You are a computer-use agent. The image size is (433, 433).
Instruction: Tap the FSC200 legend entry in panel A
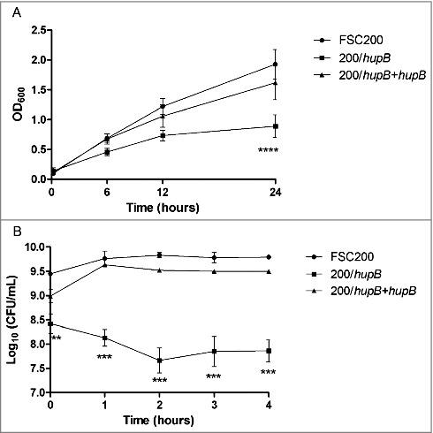pyautogui.click(x=359, y=41)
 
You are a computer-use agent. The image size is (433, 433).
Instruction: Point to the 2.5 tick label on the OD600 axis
pyautogui.click(x=36, y=30)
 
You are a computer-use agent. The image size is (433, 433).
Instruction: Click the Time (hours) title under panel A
pyautogui.click(x=163, y=208)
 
